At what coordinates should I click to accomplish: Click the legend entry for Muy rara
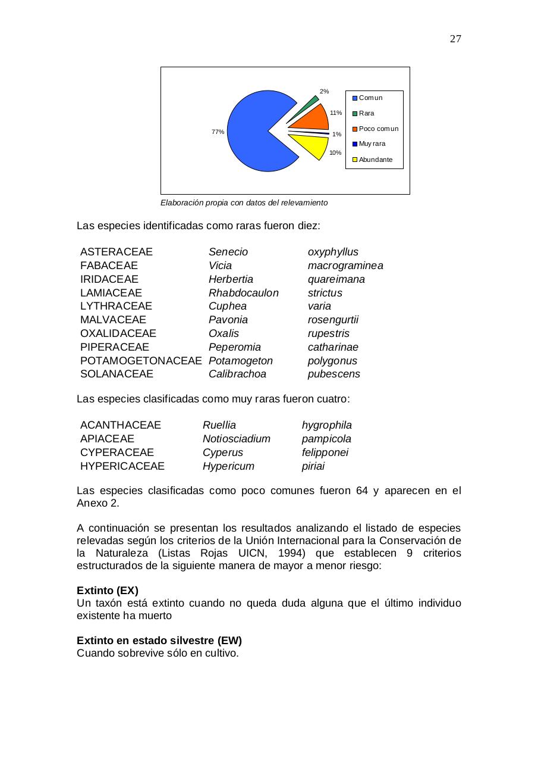point(372,144)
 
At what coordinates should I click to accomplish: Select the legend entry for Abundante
point(375,160)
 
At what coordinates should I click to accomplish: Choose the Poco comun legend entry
point(378,129)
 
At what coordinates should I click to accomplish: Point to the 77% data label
point(218,132)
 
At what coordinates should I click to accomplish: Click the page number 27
point(455,39)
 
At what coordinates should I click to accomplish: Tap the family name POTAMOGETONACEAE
point(141,361)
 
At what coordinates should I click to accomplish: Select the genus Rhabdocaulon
point(243,293)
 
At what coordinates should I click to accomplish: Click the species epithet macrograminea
point(345,266)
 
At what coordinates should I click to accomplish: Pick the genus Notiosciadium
point(236,439)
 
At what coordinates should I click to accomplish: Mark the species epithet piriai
point(313,466)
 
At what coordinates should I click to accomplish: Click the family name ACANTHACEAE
point(120,425)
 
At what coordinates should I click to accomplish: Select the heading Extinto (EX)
point(107,591)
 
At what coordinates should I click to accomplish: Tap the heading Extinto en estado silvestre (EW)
point(159,641)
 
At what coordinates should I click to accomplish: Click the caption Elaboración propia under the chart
point(244,203)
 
